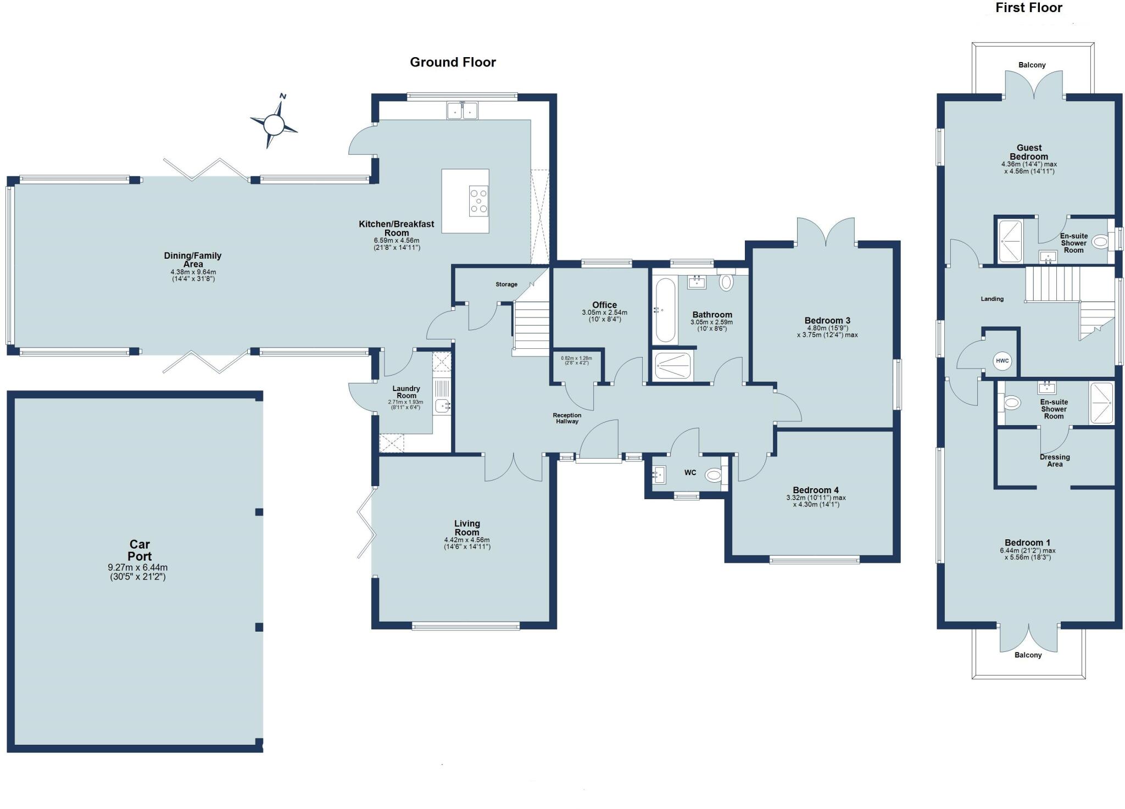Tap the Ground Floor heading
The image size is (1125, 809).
pyautogui.click(x=453, y=62)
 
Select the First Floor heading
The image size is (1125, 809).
pyautogui.click(x=1028, y=8)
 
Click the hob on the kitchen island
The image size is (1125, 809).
pyautogui.click(x=478, y=201)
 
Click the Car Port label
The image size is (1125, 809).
pyautogui.click(x=140, y=550)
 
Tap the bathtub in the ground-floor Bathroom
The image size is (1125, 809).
pyautogui.click(x=665, y=310)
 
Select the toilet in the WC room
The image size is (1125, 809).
pyautogui.click(x=714, y=475)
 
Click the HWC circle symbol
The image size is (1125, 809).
pyautogui.click(x=1002, y=361)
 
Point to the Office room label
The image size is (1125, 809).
pyautogui.click(x=604, y=305)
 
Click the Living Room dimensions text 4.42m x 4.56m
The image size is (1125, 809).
pyautogui.click(x=467, y=540)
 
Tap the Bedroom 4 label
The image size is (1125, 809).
pyautogui.click(x=816, y=490)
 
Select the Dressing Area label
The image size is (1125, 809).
pyautogui.click(x=1055, y=460)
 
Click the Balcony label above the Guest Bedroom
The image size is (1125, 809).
pyautogui.click(x=1032, y=65)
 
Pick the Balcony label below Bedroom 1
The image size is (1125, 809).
pyautogui.click(x=1028, y=655)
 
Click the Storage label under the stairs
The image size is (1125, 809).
pyautogui.click(x=506, y=284)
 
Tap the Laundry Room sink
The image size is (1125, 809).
pyautogui.click(x=442, y=406)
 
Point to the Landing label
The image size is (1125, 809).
pyautogui.click(x=992, y=299)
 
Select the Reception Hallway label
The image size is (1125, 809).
pyautogui.click(x=567, y=419)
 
